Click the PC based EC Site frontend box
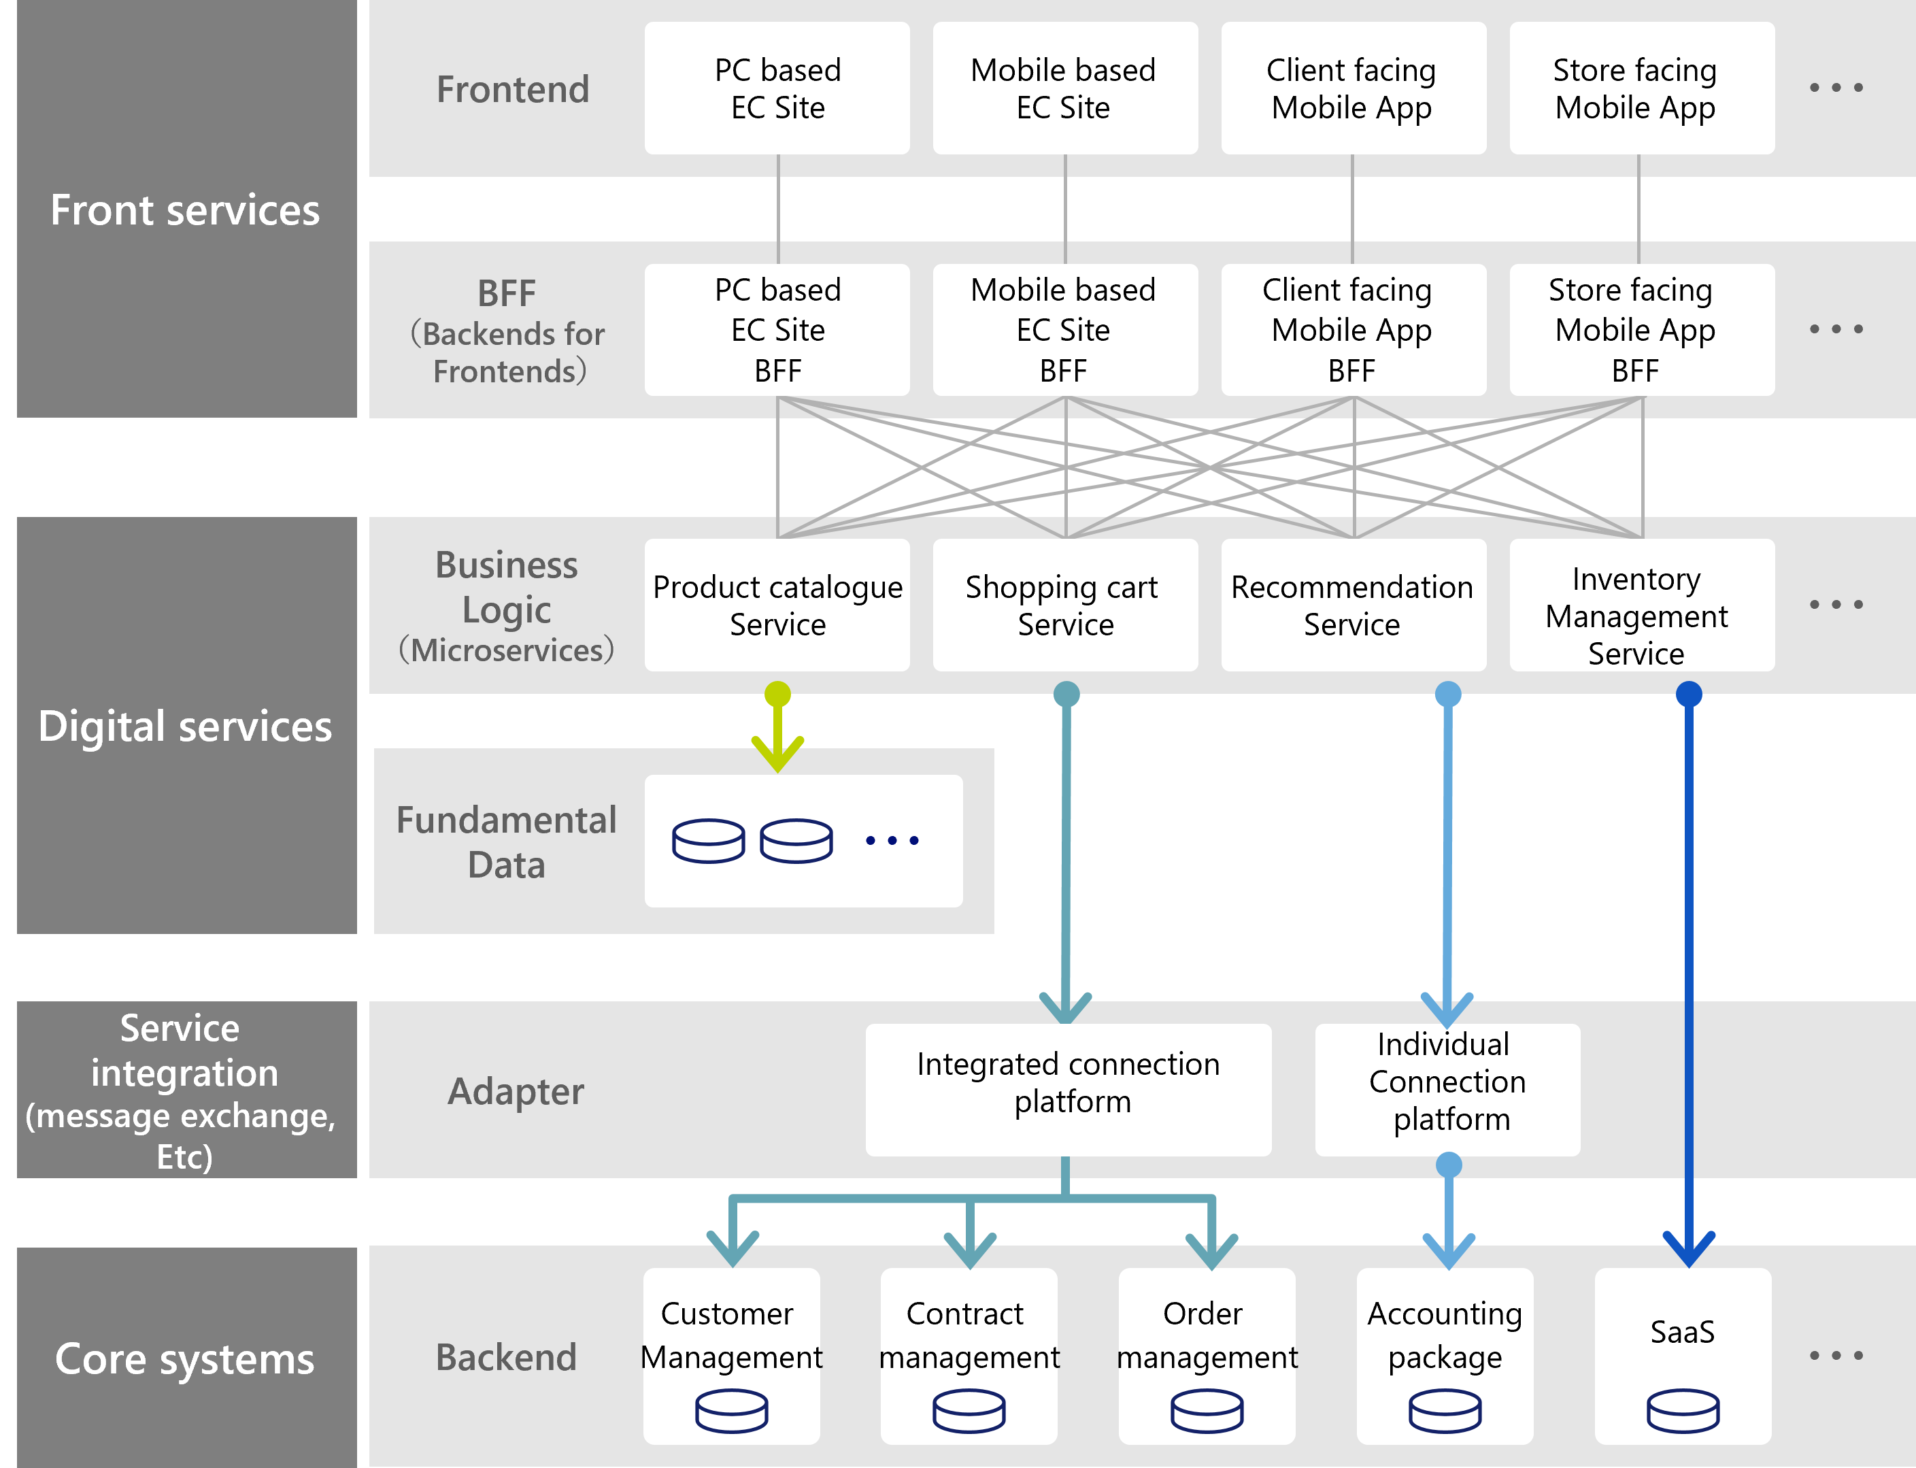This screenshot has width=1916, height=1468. click(777, 88)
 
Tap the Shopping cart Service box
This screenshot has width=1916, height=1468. click(1064, 605)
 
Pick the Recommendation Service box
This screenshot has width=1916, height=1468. click(1352, 605)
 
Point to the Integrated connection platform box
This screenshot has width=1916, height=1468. click(1068, 1089)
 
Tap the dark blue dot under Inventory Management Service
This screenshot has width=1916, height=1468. click(1688, 695)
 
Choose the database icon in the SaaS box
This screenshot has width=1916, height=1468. click(1682, 1410)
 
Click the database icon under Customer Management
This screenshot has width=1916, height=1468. click(731, 1410)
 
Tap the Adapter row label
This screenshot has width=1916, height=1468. click(516, 1090)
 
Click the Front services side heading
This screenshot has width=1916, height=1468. click(185, 210)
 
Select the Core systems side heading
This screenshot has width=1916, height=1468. click(185, 1358)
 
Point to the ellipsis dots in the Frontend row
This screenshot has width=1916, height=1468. click(1835, 87)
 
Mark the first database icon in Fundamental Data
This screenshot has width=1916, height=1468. click(709, 841)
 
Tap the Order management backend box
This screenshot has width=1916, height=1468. click(1206, 1354)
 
